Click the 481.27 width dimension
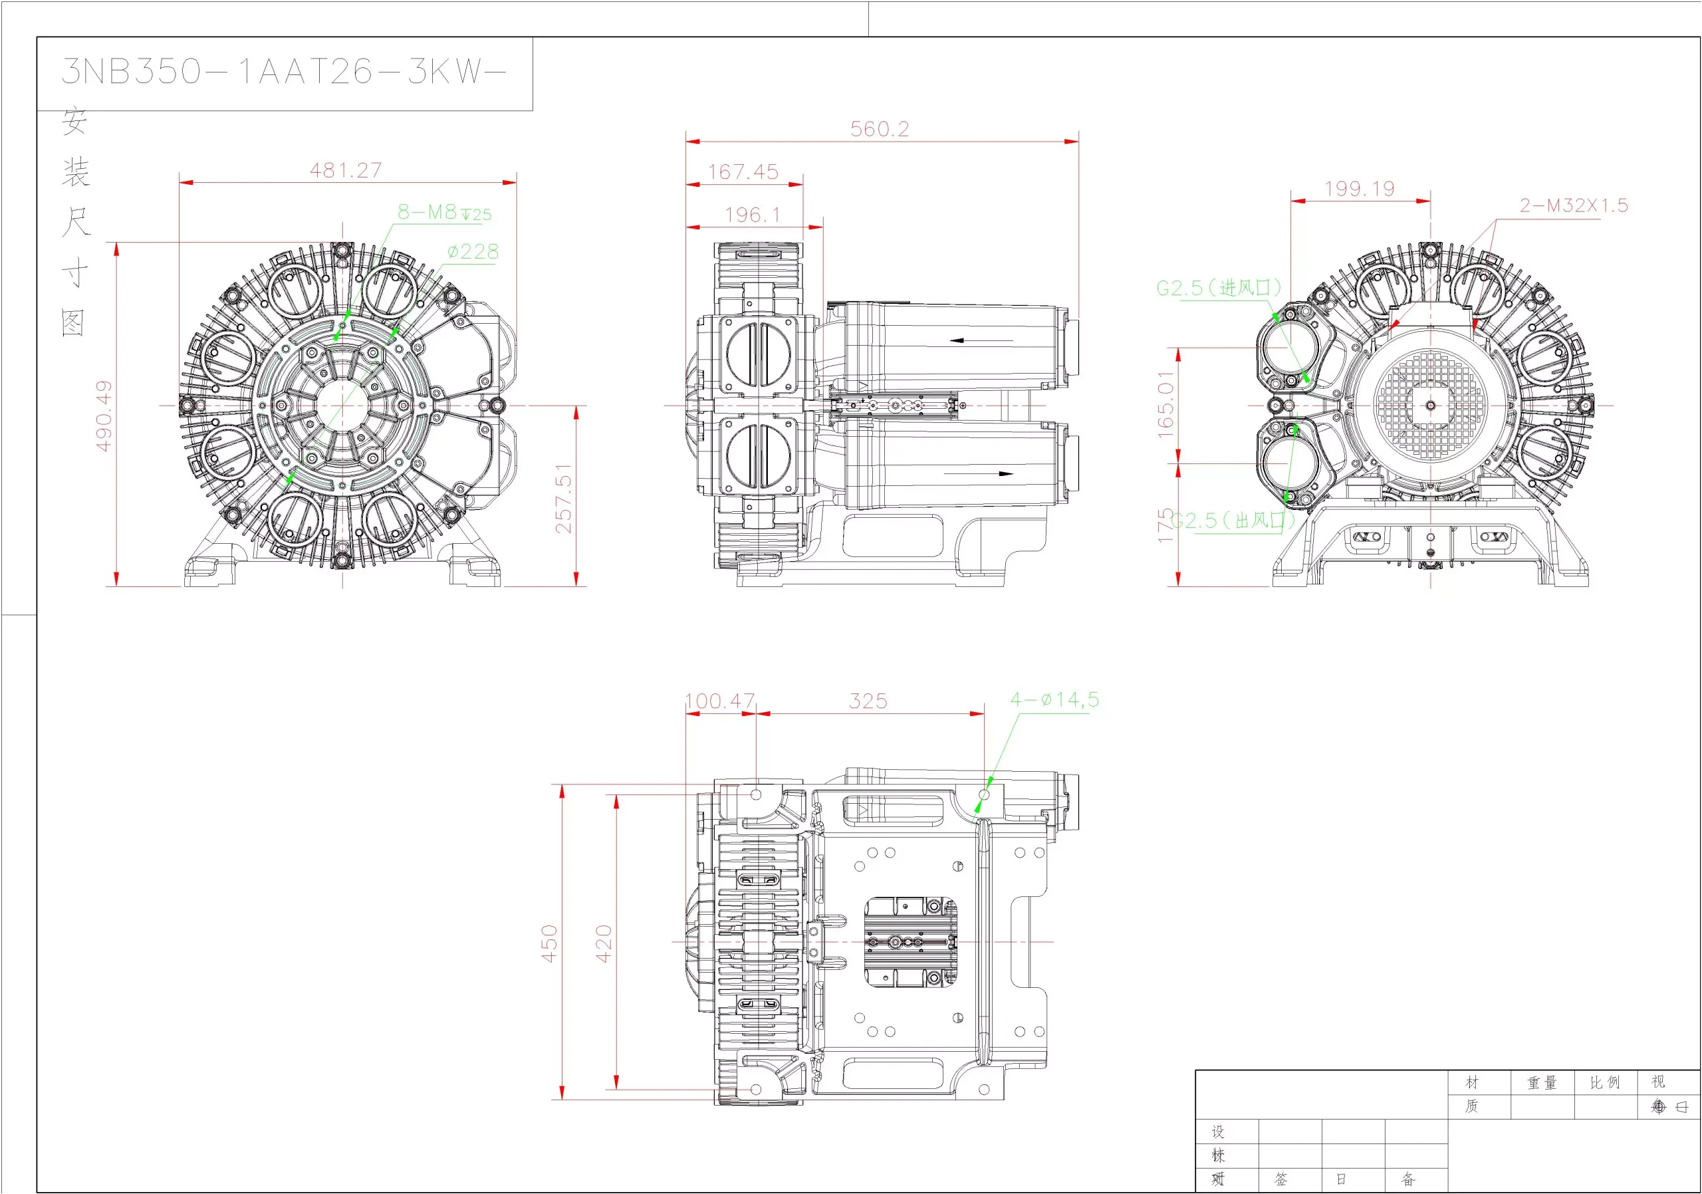(346, 170)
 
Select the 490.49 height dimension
(104, 415)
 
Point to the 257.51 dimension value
(564, 498)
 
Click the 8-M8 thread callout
(444, 213)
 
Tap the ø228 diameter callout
(473, 252)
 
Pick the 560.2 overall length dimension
(879, 129)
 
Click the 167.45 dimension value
(743, 172)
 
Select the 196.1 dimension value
(753, 215)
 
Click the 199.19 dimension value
(1360, 189)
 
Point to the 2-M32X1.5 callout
(1574, 205)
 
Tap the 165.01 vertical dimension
(1166, 405)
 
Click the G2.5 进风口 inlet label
(1219, 288)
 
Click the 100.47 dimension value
(720, 701)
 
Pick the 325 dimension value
(868, 701)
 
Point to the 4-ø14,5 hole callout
(1054, 699)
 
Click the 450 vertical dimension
(549, 943)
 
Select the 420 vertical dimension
(604, 943)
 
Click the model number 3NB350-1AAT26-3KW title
(284, 72)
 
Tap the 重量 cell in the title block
(1542, 1083)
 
